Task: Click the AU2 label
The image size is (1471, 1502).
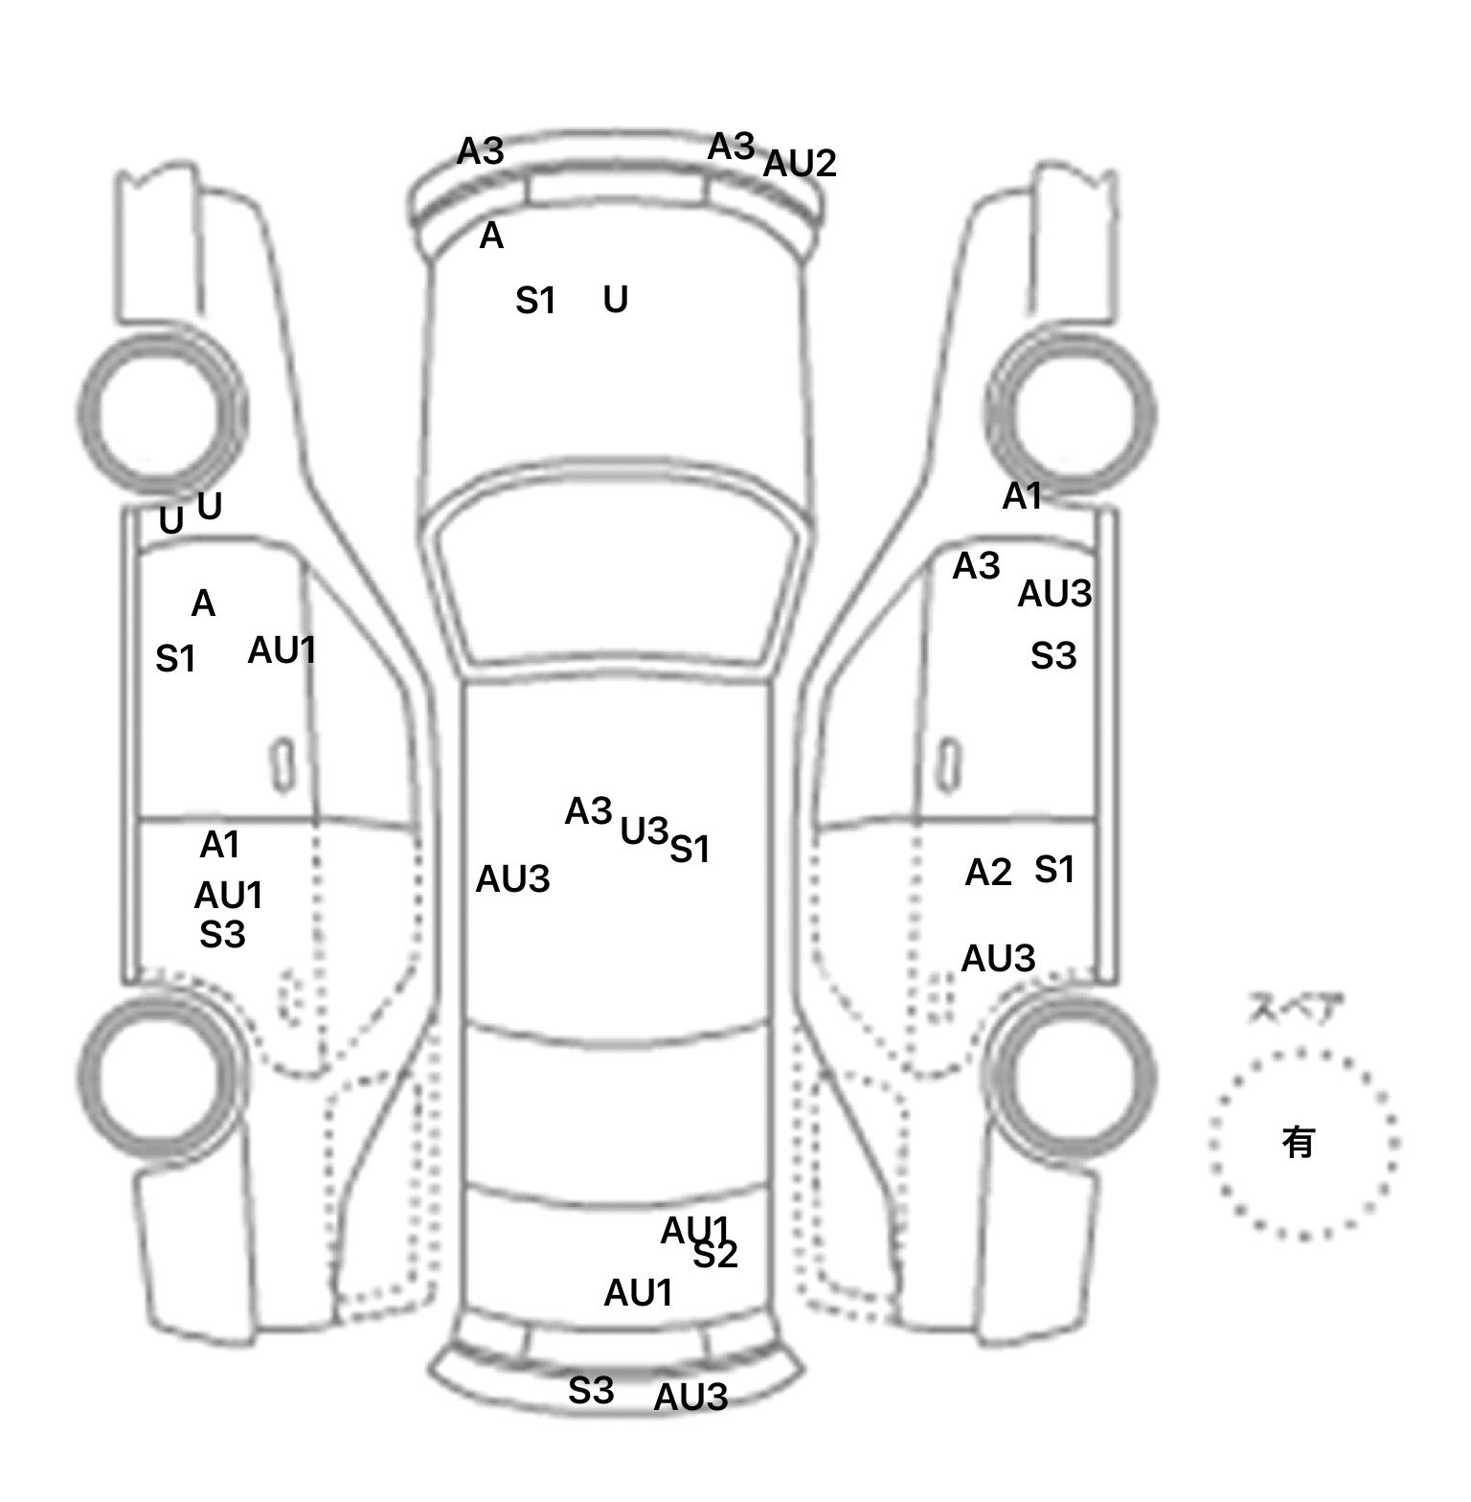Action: pyautogui.click(x=799, y=164)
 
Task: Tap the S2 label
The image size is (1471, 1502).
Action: pyautogui.click(x=715, y=1255)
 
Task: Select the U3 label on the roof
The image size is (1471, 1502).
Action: pyautogui.click(x=644, y=831)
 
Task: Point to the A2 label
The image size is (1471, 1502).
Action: pyautogui.click(x=987, y=873)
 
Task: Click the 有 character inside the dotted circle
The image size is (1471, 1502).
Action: pyautogui.click(x=1298, y=1142)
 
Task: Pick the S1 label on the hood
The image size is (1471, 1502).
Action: pyautogui.click(x=535, y=302)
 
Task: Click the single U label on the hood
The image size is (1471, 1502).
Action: pyautogui.click(x=615, y=301)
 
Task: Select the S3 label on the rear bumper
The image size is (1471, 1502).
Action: pyautogui.click(x=590, y=1390)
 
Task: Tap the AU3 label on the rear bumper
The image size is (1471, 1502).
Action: pyautogui.click(x=690, y=1398)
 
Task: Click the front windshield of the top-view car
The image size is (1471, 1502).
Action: pyautogui.click(x=617, y=584)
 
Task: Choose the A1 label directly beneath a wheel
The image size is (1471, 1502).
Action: pyautogui.click(x=1021, y=496)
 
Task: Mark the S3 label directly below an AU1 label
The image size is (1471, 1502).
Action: pyautogui.click(x=222, y=934)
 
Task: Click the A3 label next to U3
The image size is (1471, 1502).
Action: pyautogui.click(x=588, y=811)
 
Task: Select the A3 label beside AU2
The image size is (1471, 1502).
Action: pyautogui.click(x=731, y=148)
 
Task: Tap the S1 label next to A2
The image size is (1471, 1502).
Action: pyautogui.click(x=1054, y=870)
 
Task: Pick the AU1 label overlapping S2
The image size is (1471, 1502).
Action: pyautogui.click(x=694, y=1230)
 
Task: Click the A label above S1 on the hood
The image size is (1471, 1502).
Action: pyautogui.click(x=490, y=236)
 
